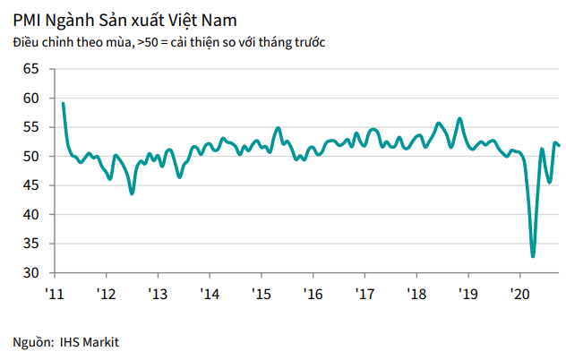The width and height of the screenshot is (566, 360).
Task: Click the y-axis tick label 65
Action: click(30, 69)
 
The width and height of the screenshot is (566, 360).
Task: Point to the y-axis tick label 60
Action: click(30, 99)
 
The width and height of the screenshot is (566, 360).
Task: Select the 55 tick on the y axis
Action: click(30, 127)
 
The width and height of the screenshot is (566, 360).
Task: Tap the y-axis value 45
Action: click(30, 185)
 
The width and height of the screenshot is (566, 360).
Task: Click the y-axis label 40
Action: click(30, 215)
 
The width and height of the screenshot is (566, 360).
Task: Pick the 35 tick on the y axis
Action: click(30, 244)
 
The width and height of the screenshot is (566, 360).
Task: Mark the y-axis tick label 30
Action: click(30, 273)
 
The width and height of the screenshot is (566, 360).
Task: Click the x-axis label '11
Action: click(54, 294)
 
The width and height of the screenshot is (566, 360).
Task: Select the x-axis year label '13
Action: click(158, 294)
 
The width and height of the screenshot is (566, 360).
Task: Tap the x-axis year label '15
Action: click(261, 294)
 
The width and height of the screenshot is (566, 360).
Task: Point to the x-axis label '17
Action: click(364, 294)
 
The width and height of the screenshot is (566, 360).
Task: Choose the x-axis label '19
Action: click(467, 294)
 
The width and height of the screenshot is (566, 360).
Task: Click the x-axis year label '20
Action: click(519, 294)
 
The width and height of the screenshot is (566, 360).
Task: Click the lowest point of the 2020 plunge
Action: click(533, 256)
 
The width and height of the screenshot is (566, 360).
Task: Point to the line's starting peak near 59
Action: click(63, 103)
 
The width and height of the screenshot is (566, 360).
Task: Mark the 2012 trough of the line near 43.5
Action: click(132, 193)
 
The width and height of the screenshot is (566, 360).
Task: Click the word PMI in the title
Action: click(29, 18)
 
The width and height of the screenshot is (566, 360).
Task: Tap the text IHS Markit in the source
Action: click(90, 342)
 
